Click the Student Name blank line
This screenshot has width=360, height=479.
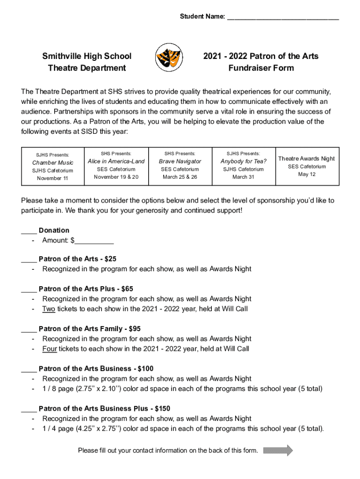click(x=283, y=18)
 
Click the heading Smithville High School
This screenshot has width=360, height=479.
click(x=87, y=56)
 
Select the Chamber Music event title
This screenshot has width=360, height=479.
click(x=53, y=163)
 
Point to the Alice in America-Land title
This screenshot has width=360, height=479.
click(x=116, y=161)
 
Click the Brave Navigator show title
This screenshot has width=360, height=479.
click(x=180, y=161)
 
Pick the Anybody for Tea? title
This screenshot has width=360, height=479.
click(x=244, y=161)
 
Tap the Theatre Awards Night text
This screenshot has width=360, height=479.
click(x=307, y=159)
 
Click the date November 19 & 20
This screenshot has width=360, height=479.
click(x=116, y=177)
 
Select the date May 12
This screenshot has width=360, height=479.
click(x=307, y=174)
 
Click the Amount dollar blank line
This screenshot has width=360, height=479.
click(x=94, y=241)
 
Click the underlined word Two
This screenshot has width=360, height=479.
click(x=49, y=309)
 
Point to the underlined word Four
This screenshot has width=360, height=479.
click(x=50, y=348)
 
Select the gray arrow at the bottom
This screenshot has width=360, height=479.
click(x=278, y=450)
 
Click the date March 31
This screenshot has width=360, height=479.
click(x=244, y=177)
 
